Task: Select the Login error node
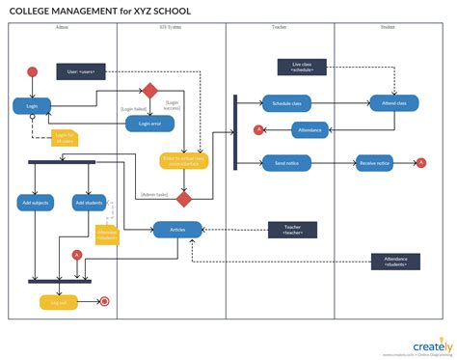[x=149, y=124]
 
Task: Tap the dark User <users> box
[x=80, y=70]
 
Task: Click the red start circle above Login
[x=32, y=71]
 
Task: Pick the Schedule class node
[x=286, y=102]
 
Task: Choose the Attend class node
[x=393, y=102]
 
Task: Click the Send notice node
[x=285, y=164]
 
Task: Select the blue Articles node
[x=177, y=230]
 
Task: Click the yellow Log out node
[x=60, y=302]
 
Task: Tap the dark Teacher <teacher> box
[x=292, y=231]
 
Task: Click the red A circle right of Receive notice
[x=421, y=163]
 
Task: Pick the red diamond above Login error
[x=150, y=92]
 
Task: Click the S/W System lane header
[x=172, y=28]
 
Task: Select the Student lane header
[x=388, y=28]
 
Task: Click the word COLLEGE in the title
[x=40, y=10]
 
